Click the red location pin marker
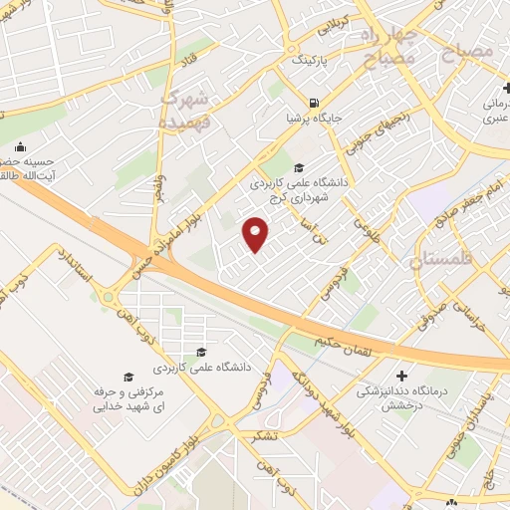(x=256, y=233)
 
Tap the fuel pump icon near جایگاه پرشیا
(x=315, y=103)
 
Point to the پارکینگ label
(x=308, y=60)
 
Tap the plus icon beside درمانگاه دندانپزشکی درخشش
(x=401, y=377)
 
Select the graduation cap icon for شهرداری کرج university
(x=300, y=165)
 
